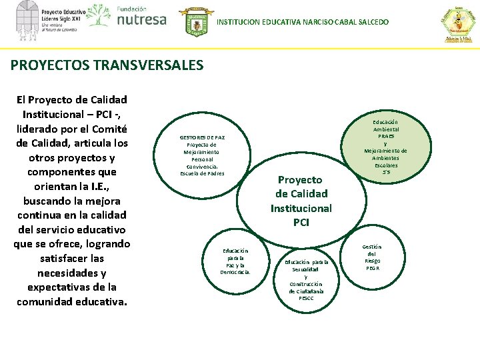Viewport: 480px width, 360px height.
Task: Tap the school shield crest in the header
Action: click(x=197, y=22)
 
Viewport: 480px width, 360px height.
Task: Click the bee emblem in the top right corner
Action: click(x=458, y=23)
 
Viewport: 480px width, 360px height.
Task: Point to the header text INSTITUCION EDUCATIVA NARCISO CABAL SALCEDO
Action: click(x=303, y=23)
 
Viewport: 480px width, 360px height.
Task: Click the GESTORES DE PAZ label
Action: click(x=202, y=137)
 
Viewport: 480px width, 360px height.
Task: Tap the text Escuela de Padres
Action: click(x=202, y=173)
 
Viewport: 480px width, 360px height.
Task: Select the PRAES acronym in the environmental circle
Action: click(x=386, y=136)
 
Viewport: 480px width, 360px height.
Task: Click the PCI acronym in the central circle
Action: click(x=301, y=222)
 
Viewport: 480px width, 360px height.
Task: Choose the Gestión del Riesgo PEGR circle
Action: click(x=372, y=257)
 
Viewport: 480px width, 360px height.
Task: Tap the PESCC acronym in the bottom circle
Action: click(x=306, y=298)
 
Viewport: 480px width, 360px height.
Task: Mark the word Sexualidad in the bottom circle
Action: click(x=306, y=269)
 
